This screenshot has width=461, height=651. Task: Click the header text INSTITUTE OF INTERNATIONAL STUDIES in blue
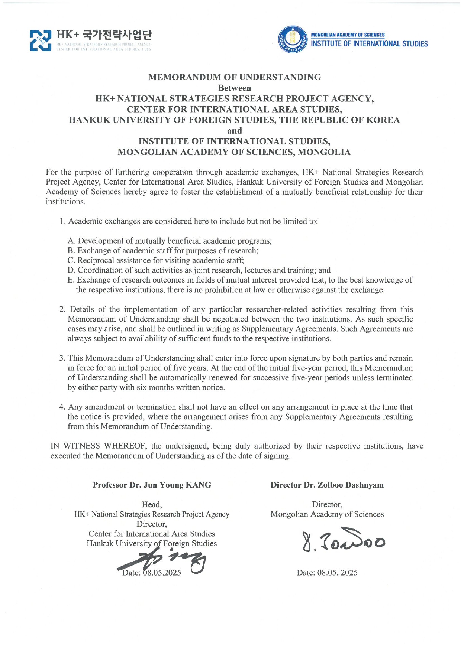pos(369,44)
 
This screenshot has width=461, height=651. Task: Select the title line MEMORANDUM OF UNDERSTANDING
pos(234,77)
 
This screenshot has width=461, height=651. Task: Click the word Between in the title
pos(234,88)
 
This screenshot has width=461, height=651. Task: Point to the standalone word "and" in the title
pos(234,131)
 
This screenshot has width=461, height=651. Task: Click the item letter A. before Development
pos(71,241)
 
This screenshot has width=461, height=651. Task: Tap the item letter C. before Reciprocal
pos(71,260)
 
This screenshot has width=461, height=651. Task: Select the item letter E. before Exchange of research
pos(71,280)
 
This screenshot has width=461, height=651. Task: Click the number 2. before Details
pos(62,309)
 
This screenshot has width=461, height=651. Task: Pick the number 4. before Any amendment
pos(62,407)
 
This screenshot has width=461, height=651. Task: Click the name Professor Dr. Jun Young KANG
pos(152,485)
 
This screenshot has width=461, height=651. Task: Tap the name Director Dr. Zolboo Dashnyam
pos(327,485)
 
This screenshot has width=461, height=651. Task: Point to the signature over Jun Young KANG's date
pos(164,561)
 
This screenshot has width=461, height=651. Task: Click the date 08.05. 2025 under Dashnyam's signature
pos(327,573)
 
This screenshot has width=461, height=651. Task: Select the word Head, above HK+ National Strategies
pos(152,505)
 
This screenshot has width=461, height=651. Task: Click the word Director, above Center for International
pos(152,524)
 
